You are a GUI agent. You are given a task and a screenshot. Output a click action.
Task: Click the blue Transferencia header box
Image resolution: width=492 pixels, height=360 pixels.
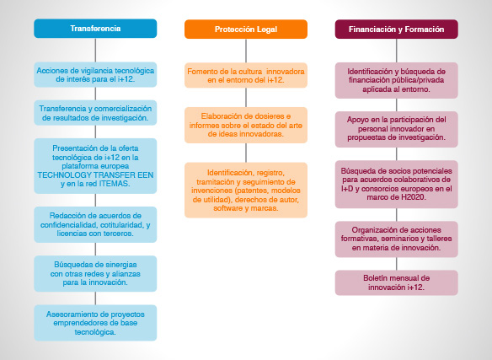pyautogui.click(x=95, y=29)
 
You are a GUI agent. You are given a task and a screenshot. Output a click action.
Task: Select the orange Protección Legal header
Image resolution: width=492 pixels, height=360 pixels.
pyautogui.click(x=246, y=30)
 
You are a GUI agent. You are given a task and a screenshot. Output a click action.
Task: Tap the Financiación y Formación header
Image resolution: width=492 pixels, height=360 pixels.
pyautogui.click(x=397, y=30)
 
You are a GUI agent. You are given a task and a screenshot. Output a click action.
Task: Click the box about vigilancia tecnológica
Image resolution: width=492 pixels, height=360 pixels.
pyautogui.click(x=95, y=75)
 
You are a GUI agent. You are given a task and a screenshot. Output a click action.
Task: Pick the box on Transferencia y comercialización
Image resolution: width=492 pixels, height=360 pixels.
pyautogui.click(x=95, y=113)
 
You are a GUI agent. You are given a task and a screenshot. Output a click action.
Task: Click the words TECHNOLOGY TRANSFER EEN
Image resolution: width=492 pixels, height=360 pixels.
pyautogui.click(x=95, y=175)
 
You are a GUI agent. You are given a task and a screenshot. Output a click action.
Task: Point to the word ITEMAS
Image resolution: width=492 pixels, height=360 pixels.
pyautogui.click(x=114, y=184)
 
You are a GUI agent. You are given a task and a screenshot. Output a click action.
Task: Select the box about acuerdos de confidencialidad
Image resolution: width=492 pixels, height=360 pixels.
pyautogui.click(x=95, y=224)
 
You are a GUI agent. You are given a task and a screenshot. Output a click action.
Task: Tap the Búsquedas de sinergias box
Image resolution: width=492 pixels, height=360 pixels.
pyautogui.click(x=95, y=274)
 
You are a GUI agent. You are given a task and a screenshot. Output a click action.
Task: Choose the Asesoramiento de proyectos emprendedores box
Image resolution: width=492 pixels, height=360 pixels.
pyautogui.click(x=95, y=323)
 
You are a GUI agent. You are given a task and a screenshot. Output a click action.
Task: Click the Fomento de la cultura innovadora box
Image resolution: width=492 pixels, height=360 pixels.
pyautogui.click(x=246, y=75)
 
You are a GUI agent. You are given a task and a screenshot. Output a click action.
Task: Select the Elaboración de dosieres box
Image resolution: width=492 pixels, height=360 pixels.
pyautogui.click(x=246, y=125)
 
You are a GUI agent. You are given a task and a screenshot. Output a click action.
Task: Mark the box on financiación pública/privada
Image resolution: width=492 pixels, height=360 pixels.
pyautogui.click(x=397, y=80)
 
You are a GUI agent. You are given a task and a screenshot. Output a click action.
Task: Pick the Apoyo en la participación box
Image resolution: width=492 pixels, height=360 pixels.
pyautogui.click(x=397, y=129)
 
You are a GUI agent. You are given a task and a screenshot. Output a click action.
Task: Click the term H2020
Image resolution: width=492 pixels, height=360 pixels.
pyautogui.click(x=414, y=197)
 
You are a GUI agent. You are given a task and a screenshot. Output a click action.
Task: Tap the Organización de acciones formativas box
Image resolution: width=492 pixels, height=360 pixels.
pyautogui.click(x=397, y=239)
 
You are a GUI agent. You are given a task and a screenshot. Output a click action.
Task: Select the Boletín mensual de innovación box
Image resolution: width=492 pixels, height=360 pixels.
pyautogui.click(x=397, y=282)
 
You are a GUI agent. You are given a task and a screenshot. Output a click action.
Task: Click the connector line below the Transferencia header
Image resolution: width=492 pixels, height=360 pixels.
pyautogui.click(x=95, y=51)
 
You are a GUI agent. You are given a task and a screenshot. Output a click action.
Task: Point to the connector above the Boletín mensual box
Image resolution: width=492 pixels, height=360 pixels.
pyautogui.click(x=397, y=264)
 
